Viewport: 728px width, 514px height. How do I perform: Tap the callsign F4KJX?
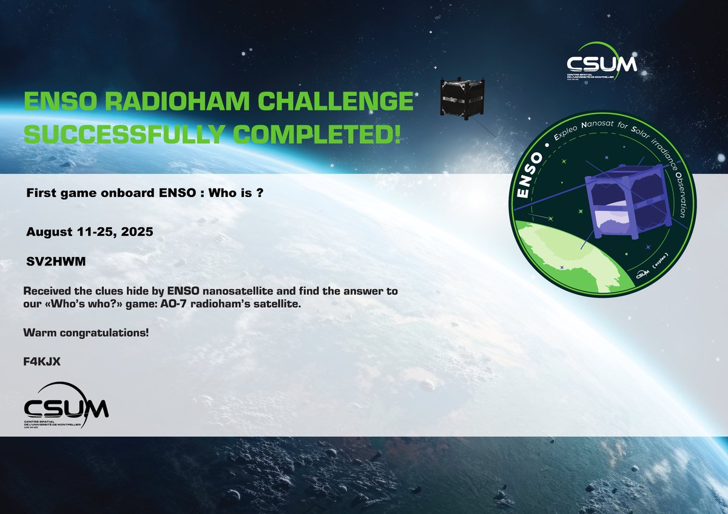click(42, 361)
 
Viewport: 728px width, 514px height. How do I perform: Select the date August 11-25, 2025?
click(81, 232)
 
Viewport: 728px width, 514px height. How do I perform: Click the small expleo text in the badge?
click(663, 267)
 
